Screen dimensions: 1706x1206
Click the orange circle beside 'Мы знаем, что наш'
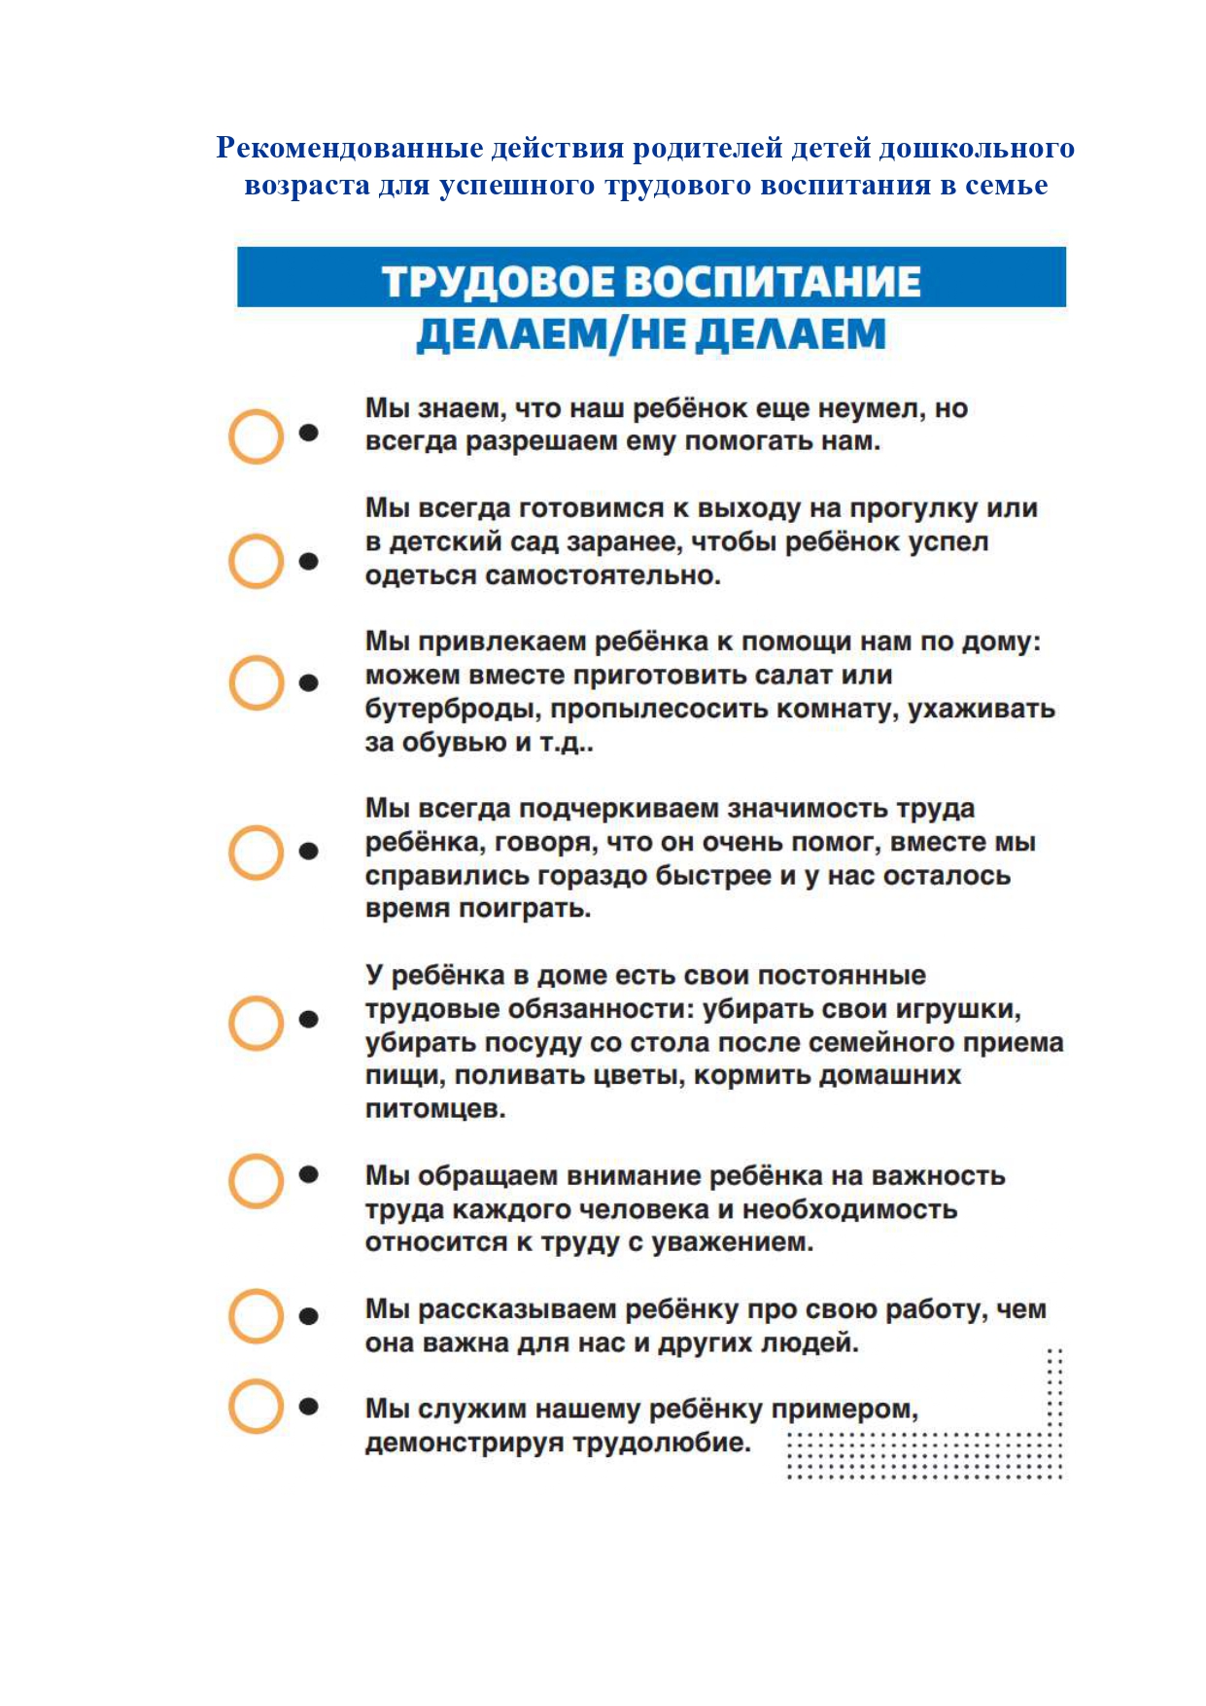[256, 435]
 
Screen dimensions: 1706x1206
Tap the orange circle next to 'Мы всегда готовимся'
[256, 561]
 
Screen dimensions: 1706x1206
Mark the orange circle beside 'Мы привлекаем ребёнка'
[256, 682]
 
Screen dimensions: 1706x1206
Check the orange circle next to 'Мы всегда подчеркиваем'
[256, 853]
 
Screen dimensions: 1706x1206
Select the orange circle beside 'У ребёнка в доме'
[256, 1023]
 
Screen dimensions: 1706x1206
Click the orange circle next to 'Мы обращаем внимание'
[256, 1181]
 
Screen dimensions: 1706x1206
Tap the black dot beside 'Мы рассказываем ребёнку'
[309, 1316]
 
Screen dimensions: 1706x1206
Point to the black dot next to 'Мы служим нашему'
[309, 1406]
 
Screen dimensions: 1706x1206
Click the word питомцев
[434, 1109]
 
